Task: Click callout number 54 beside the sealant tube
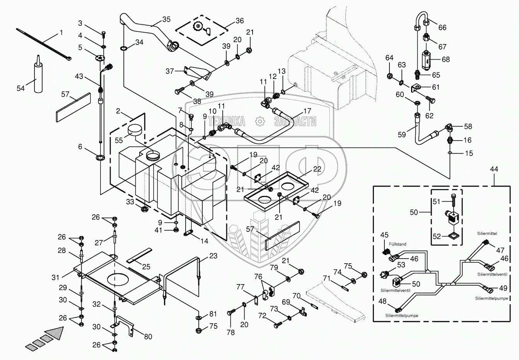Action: pos(20,89)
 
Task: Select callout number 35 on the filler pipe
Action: pos(166,20)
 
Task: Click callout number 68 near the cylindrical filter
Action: pos(446,60)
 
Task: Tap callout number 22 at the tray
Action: pos(318,169)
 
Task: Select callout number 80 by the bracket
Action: pos(148,336)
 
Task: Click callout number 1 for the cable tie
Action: pos(61,33)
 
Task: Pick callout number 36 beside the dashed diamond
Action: pos(239,21)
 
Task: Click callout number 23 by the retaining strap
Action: pos(213,256)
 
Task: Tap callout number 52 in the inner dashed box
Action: pos(437,236)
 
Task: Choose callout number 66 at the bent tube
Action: pos(442,27)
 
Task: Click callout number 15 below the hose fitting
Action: pos(469,154)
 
